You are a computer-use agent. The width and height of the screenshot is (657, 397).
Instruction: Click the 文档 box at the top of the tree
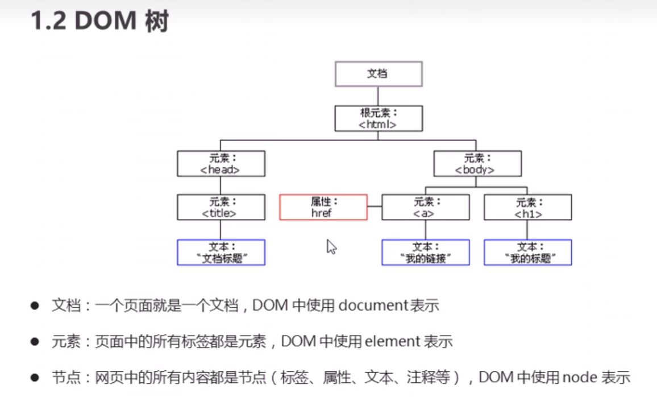pos(379,74)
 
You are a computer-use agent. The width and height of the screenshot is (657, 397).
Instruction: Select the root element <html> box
pos(379,118)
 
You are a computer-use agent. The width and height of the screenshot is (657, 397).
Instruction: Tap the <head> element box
pos(221,163)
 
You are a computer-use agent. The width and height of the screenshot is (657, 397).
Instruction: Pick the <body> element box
pos(477,163)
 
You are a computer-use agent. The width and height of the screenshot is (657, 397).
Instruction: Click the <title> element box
pos(221,207)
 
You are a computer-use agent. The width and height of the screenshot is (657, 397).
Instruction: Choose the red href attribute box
pos(323,207)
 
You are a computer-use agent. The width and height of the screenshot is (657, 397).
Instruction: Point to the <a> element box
pos(425,207)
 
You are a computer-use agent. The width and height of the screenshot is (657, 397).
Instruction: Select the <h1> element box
pos(528,207)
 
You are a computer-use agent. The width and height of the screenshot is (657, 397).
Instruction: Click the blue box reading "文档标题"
pos(221,252)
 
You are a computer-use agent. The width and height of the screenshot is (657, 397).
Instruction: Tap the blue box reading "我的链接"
pos(425,252)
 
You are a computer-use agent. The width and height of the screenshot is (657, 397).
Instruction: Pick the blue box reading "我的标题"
pos(528,252)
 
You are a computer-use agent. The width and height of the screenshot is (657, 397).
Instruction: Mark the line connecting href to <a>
pos(375,207)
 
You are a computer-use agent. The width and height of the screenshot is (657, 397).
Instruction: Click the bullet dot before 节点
pos(35,377)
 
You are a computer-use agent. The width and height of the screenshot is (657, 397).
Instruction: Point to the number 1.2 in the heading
pos(48,21)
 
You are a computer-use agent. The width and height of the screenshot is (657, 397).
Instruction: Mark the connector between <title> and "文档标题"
pos(221,230)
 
